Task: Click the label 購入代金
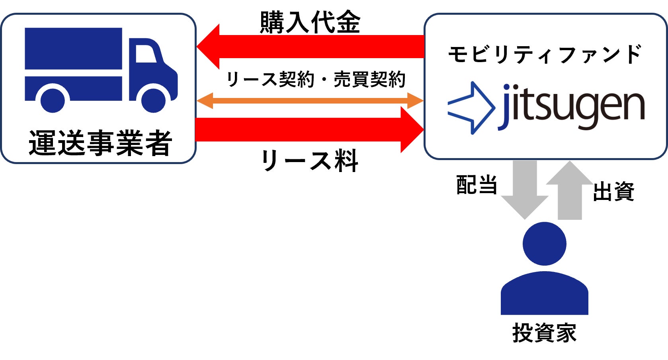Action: (x=310, y=22)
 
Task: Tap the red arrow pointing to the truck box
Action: (x=311, y=47)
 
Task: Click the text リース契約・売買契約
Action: (x=315, y=80)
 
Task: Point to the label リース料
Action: (x=310, y=161)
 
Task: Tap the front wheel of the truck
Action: (x=153, y=100)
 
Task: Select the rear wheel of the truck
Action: (x=53, y=100)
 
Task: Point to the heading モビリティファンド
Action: (x=545, y=55)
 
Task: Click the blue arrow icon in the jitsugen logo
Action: (x=472, y=108)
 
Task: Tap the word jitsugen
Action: (x=572, y=107)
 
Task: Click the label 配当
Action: (x=477, y=185)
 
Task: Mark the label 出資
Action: (x=613, y=192)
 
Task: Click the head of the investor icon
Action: (x=544, y=244)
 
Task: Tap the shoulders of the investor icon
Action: (x=544, y=295)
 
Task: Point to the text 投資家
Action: (x=544, y=333)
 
